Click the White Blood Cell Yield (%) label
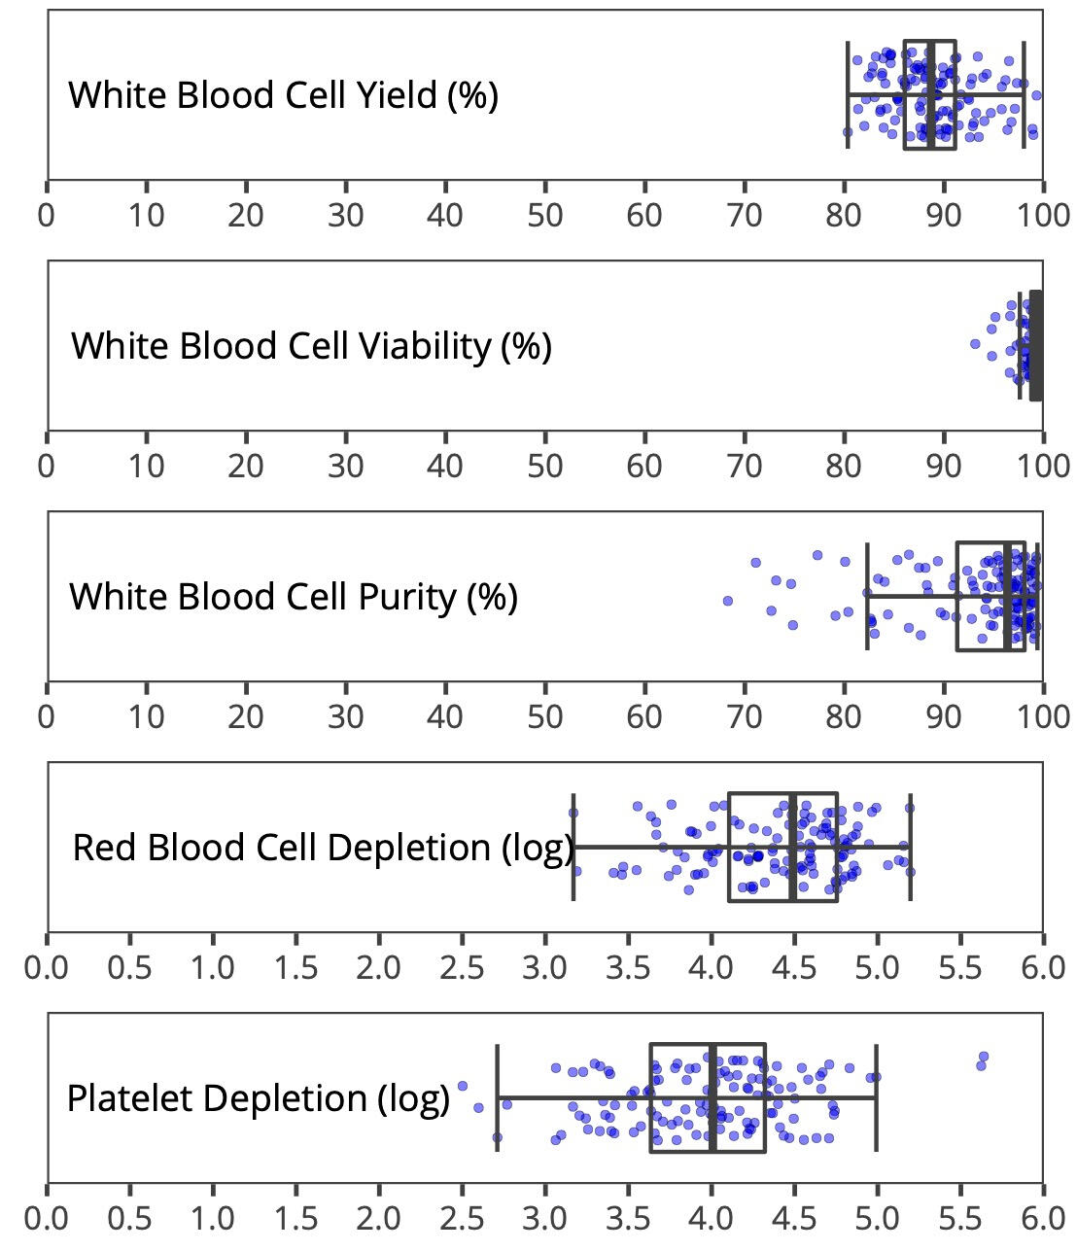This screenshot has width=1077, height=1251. (283, 95)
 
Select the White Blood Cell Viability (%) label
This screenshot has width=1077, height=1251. (311, 345)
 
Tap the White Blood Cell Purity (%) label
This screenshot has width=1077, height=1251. (293, 596)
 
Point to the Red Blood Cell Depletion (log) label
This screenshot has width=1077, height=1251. (324, 848)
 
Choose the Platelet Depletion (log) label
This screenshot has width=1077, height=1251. (258, 1098)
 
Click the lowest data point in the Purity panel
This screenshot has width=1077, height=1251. (728, 601)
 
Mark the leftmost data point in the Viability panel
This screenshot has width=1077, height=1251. (975, 343)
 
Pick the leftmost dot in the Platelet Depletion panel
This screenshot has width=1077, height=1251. (463, 1086)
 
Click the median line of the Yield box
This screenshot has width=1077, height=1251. (930, 95)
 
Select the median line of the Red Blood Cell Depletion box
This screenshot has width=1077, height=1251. (793, 848)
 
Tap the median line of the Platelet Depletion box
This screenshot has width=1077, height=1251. (712, 1098)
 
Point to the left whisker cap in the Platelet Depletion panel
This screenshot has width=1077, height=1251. (498, 1098)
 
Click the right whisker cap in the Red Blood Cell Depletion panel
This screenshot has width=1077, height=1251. (910, 848)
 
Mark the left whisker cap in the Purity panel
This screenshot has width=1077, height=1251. (867, 596)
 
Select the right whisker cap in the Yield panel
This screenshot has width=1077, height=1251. (1024, 95)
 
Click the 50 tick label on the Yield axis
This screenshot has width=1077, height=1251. (545, 215)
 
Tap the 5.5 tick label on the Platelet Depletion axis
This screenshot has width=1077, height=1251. (960, 1217)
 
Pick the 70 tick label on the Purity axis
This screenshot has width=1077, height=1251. (745, 716)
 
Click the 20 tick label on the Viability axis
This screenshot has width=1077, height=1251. (246, 466)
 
